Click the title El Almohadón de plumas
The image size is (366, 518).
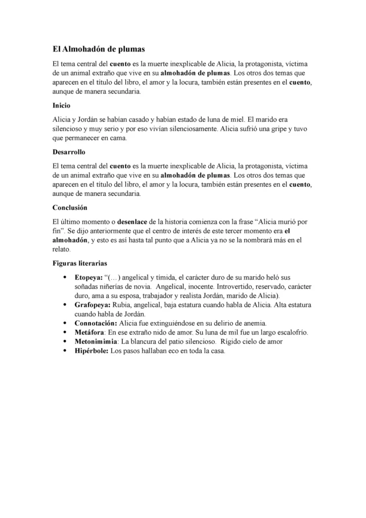click(x=99, y=49)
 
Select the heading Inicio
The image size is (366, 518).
click(x=61, y=106)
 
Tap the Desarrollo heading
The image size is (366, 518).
click(x=69, y=152)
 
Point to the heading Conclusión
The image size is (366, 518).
click(x=70, y=207)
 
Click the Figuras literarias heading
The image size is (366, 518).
click(x=79, y=263)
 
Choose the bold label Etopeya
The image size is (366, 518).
click(x=88, y=277)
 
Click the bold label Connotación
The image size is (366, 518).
click(x=96, y=323)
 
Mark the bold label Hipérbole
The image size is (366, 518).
click(x=91, y=351)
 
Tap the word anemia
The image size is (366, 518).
click(x=254, y=323)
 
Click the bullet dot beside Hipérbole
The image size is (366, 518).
click(x=65, y=351)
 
